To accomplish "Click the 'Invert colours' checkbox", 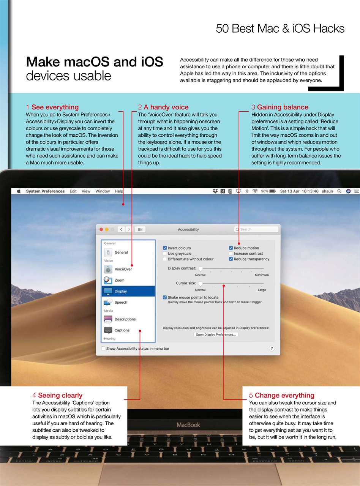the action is (x=165, y=248).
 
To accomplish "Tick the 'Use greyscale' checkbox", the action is (x=165, y=254).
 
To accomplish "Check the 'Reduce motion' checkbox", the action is (x=231, y=248).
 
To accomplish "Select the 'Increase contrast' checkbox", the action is (x=231, y=254).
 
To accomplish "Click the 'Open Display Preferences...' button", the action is (x=216, y=335).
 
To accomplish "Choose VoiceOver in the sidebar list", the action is (x=123, y=269).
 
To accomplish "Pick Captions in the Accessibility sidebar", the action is (x=122, y=330).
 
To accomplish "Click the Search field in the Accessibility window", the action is (x=256, y=229).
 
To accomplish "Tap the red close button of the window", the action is (x=101, y=229).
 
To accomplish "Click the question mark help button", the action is (x=272, y=349).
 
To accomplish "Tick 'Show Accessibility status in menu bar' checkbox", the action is (x=103, y=349).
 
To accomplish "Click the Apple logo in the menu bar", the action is (x=19, y=191).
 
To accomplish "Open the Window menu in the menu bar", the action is (x=103, y=191).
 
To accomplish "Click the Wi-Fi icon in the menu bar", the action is (x=255, y=191).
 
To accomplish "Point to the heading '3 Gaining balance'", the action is (x=280, y=107).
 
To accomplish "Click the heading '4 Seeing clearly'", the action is (x=57, y=395).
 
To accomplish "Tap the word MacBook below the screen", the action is (x=188, y=425).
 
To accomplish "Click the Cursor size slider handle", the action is (x=201, y=284).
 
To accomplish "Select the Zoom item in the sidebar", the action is (x=119, y=280).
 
